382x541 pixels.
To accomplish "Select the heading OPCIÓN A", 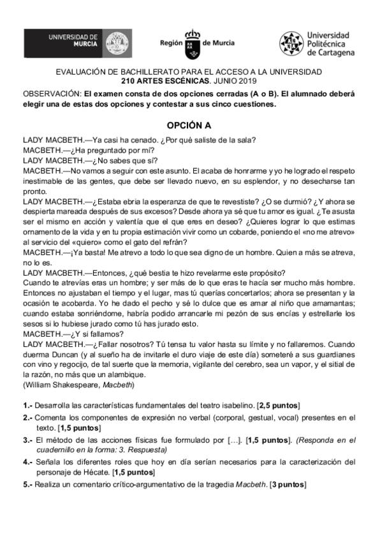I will click(x=189, y=125).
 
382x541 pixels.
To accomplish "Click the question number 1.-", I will click(x=27, y=405).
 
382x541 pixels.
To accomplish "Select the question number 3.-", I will click(x=27, y=440).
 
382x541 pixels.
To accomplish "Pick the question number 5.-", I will click(x=27, y=484).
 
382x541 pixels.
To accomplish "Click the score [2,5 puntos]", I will click(x=278, y=405).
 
